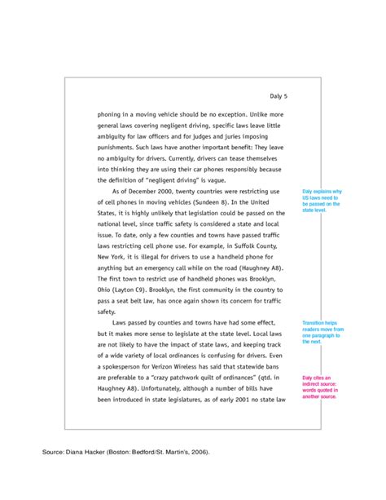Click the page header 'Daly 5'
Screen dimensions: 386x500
pyautogui.click(x=278, y=96)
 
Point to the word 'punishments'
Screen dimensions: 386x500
pyautogui.click(x=119, y=147)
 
